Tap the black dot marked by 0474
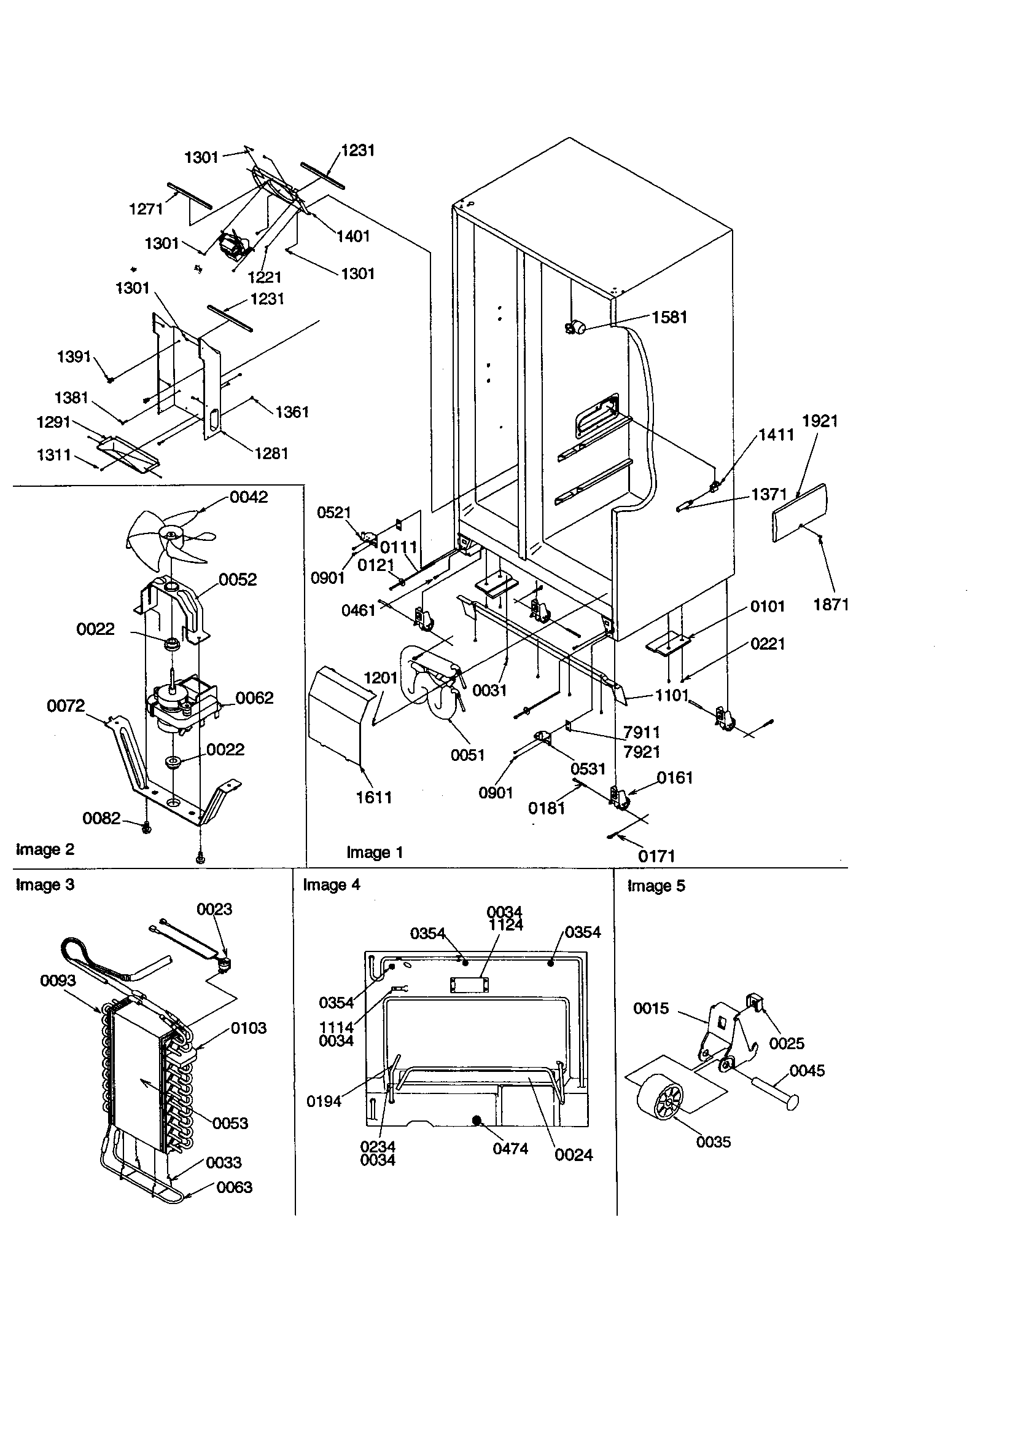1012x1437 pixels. pyautogui.click(x=478, y=1120)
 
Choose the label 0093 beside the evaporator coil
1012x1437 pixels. pyautogui.click(x=58, y=981)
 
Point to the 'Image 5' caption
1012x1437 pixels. pyautogui.click(x=655, y=886)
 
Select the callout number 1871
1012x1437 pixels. pyautogui.click(x=831, y=605)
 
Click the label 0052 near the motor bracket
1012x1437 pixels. pyautogui.click(x=238, y=580)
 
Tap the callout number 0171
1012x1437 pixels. pyautogui.click(x=656, y=856)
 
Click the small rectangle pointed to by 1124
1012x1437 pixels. pyautogui.click(x=469, y=985)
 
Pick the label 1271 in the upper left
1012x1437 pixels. pyautogui.click(x=146, y=209)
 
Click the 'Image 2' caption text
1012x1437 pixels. pyautogui.click(x=45, y=849)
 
